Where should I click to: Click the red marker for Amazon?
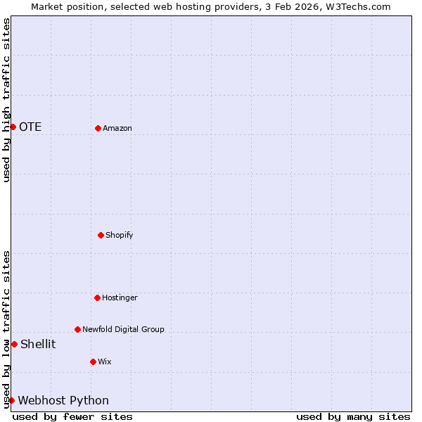click(x=98, y=128)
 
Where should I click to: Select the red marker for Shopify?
click(x=101, y=235)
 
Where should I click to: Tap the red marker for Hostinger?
click(x=97, y=298)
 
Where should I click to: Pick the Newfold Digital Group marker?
click(x=77, y=329)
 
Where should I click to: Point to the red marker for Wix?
click(x=93, y=362)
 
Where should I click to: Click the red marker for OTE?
click(x=13, y=127)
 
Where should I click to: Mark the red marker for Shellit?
click(x=14, y=344)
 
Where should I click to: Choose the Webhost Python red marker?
click(x=11, y=400)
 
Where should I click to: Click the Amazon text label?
click(x=117, y=128)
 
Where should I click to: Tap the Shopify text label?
click(x=120, y=235)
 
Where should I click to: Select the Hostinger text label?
click(x=120, y=298)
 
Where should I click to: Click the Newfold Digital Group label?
click(x=123, y=329)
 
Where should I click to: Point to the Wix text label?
click(x=105, y=362)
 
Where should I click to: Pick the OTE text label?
click(x=30, y=127)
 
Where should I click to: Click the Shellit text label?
click(x=38, y=344)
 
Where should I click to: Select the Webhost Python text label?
click(x=63, y=400)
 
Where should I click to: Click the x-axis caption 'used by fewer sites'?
click(x=72, y=416)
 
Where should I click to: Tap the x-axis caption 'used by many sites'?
click(x=353, y=416)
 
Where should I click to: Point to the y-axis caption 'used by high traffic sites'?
click(x=6, y=100)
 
